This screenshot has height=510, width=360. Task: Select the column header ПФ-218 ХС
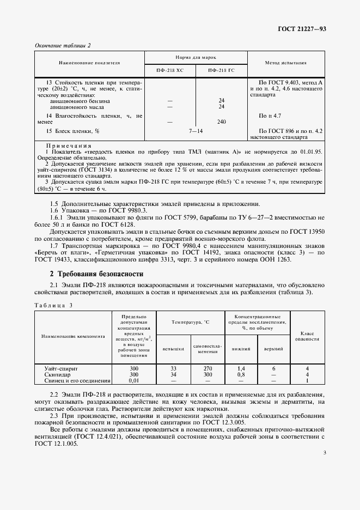click(169, 70)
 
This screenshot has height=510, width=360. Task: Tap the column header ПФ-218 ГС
click(222, 70)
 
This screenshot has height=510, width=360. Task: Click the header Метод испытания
click(285, 63)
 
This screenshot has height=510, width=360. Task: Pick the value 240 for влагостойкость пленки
click(222, 122)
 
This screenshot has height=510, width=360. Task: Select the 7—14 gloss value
click(196, 131)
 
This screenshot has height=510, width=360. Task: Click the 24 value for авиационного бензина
click(222, 101)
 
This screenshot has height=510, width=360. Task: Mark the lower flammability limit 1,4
click(241, 369)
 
